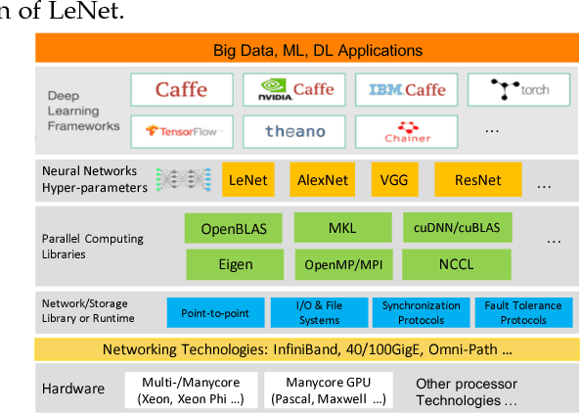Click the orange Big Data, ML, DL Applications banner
pyautogui.click(x=304, y=49)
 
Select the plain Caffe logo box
pyautogui.click(x=182, y=90)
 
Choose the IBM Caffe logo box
pyautogui.click(x=402, y=90)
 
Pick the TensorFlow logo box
pyautogui.click(x=182, y=130)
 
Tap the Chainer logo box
pyautogui.click(x=402, y=130)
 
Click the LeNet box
pyautogui.click(x=247, y=180)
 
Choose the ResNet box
pyautogui.click(x=479, y=180)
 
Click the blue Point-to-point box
pyautogui.click(x=214, y=313)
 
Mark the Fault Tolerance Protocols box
pyautogui.click(x=523, y=313)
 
